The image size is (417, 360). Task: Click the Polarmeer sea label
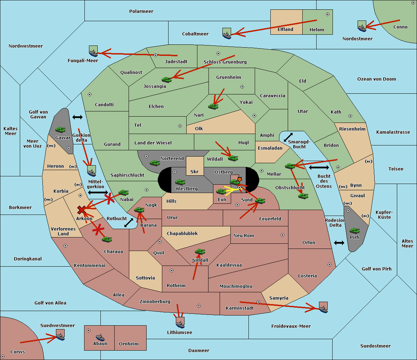[x=141, y=11]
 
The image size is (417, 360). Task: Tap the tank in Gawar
[x=60, y=129]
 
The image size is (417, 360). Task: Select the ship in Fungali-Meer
[x=93, y=51]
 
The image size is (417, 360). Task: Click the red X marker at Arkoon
[x=81, y=210]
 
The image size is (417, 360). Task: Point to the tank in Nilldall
[x=200, y=251]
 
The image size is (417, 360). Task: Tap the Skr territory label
[x=195, y=171]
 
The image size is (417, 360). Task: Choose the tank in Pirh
[x=354, y=231]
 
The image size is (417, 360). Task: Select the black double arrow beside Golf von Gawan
[x=77, y=117]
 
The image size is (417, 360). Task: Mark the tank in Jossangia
[x=167, y=79]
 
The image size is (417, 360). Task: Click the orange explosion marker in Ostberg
[x=239, y=179]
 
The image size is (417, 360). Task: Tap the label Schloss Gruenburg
[x=225, y=62]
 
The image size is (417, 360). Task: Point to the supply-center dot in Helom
[x=328, y=14]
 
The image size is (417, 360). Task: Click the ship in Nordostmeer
[x=362, y=26]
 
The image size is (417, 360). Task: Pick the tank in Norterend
[x=155, y=163]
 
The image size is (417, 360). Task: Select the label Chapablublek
[x=182, y=233]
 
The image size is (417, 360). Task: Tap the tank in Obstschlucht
[x=303, y=196]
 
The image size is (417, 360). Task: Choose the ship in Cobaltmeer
[x=227, y=33]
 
